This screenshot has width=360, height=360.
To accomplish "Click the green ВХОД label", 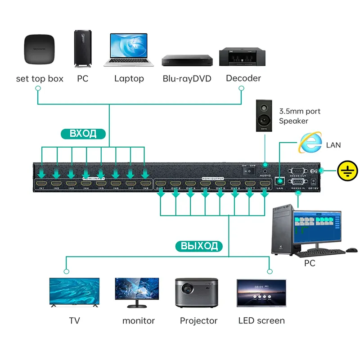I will click(x=83, y=133).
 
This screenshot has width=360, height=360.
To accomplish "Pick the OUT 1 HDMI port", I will click(x=161, y=184).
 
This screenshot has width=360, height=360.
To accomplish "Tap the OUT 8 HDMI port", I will click(x=265, y=184).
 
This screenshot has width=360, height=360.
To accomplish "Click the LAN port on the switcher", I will click(x=279, y=181).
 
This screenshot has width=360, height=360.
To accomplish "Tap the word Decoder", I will click(x=243, y=78).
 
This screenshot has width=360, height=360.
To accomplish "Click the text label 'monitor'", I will click(x=139, y=321).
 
